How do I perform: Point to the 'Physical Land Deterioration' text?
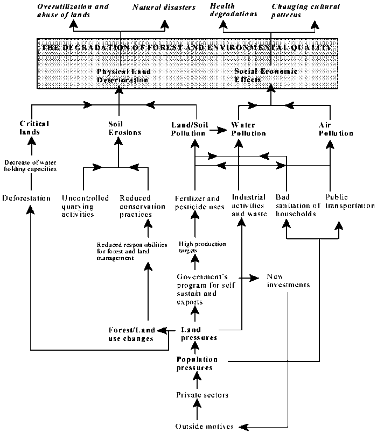tap(123, 75)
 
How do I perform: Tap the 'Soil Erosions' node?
tap(118, 128)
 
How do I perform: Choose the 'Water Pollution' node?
tap(249, 129)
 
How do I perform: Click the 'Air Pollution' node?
tap(335, 129)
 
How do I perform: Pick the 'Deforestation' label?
tap(26, 198)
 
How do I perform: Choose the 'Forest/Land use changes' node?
tap(132, 334)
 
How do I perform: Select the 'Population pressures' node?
tap(197, 364)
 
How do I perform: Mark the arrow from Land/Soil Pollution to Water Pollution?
tap(217, 130)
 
